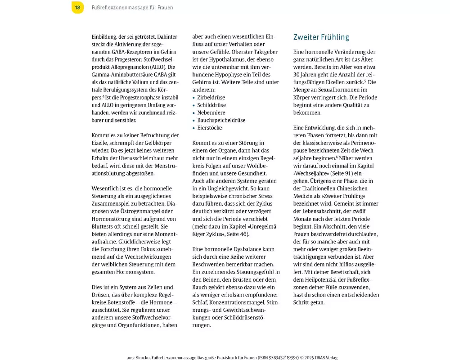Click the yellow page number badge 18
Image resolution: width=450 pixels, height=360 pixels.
click(77, 7)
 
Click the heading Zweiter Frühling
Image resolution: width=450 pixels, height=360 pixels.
click(321, 37)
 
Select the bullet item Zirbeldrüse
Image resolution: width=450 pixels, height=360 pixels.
click(211, 97)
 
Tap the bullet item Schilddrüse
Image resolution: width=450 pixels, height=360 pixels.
click(211, 105)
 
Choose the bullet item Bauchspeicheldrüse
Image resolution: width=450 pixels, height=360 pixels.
click(221, 120)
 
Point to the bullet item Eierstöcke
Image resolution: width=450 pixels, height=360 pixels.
click(209, 128)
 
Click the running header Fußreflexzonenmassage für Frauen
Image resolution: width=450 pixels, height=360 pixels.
click(133, 8)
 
